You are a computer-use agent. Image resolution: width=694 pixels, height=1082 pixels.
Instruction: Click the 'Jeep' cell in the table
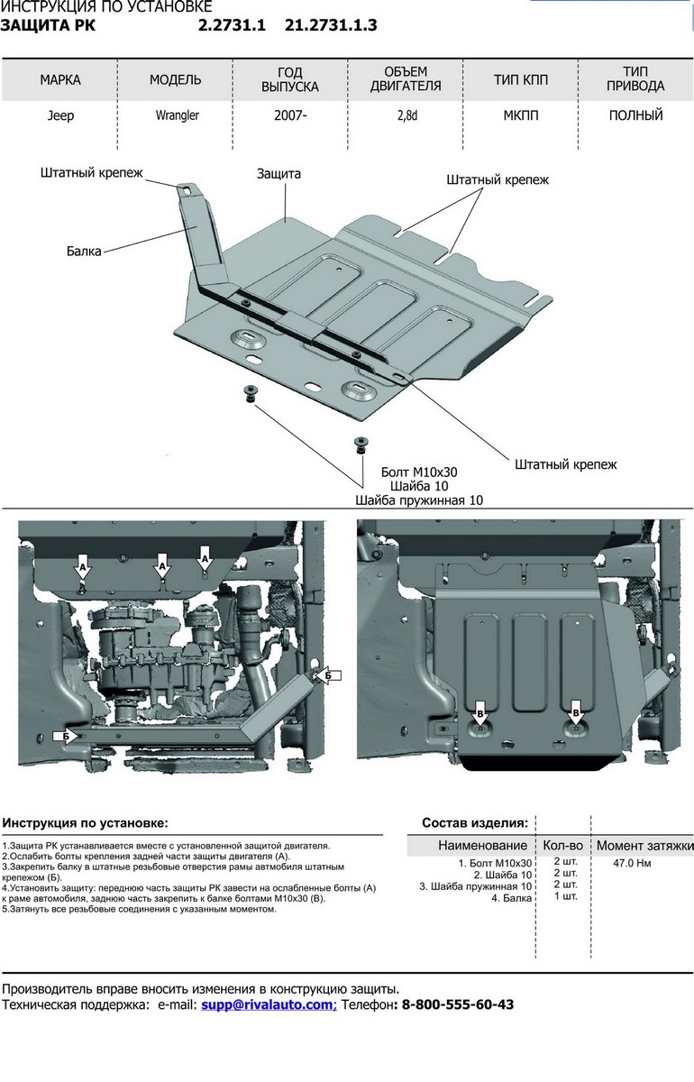pyautogui.click(x=60, y=115)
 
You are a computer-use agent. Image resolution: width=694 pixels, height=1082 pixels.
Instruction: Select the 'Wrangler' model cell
pyautogui.click(x=176, y=115)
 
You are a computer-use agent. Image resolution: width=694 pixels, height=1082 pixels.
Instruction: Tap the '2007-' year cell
pyautogui.click(x=290, y=115)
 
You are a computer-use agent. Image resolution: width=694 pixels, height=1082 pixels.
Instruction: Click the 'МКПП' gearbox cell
pyautogui.click(x=520, y=115)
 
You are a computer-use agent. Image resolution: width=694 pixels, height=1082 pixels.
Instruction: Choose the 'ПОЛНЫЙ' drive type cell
pyautogui.click(x=635, y=115)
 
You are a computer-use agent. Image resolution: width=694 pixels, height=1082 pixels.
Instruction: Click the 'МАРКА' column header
pyautogui.click(x=60, y=79)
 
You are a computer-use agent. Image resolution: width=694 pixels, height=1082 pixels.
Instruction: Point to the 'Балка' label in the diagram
pyautogui.click(x=84, y=251)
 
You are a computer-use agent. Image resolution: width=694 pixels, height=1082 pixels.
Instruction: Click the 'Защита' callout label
pyautogui.click(x=279, y=173)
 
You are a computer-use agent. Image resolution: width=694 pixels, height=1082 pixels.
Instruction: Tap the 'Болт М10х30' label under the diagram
pyautogui.click(x=420, y=472)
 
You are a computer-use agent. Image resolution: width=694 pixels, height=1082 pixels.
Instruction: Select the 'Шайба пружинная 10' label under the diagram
pyautogui.click(x=420, y=500)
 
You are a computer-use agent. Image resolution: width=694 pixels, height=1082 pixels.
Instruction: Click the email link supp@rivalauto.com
pyautogui.click(x=268, y=1004)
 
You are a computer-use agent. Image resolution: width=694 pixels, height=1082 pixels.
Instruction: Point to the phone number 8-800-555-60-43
pyautogui.click(x=457, y=1004)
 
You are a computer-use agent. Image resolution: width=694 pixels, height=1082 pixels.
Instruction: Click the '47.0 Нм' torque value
pyautogui.click(x=632, y=864)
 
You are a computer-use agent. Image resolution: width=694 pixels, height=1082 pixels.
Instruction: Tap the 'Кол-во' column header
pyautogui.click(x=563, y=846)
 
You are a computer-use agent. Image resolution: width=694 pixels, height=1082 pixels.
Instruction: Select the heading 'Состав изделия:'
pyautogui.click(x=475, y=822)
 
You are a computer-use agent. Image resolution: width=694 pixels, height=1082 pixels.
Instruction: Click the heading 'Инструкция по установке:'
pyautogui.click(x=85, y=822)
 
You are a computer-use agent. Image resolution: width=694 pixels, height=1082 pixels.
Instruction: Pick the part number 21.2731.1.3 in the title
pyautogui.click(x=331, y=25)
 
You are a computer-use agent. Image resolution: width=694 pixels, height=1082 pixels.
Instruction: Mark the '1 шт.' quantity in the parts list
pyautogui.click(x=565, y=895)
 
